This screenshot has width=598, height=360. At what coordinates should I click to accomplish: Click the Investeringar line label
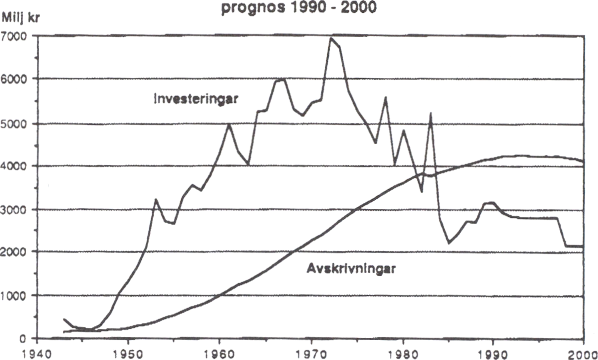tap(196, 99)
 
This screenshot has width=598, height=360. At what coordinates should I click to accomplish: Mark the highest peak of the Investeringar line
tap(332, 38)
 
